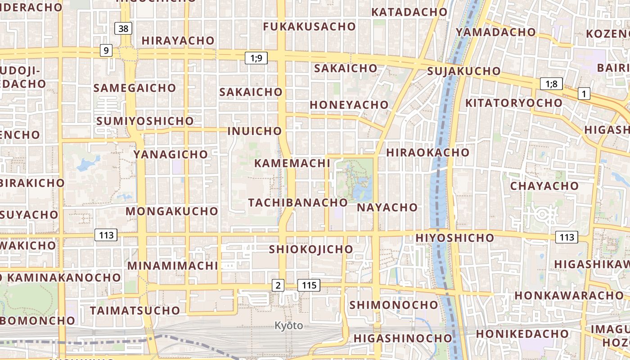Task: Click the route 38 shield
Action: coord(123,29)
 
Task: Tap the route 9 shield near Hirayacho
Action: coord(106,50)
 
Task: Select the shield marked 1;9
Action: coord(256,58)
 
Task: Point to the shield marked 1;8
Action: coord(551,84)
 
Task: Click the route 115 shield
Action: coord(309,285)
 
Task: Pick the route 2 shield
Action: coord(278,285)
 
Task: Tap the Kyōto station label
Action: coord(288,325)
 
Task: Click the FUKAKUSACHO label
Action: coord(309,27)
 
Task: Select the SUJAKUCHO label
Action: coord(463,71)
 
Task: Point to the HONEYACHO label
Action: coord(349,105)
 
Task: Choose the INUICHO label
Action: coord(255,131)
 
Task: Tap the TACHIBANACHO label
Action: coord(298,202)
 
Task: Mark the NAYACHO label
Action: coord(387,207)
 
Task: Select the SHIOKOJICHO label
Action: coord(311,249)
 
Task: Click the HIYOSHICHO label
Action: coord(455,238)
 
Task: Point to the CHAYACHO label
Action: coord(544,186)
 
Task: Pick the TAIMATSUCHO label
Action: coord(135,310)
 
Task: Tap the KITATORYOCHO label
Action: coord(513,103)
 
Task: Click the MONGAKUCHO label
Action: coord(171,211)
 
